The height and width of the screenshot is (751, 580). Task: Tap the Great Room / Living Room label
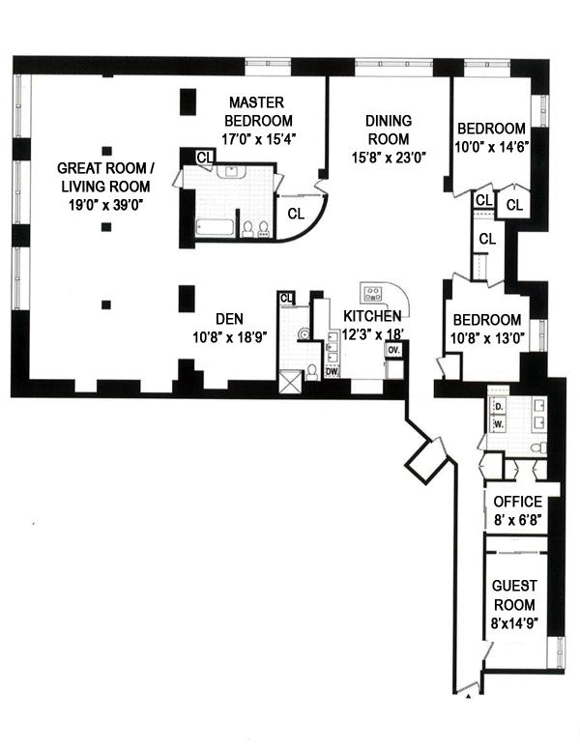coord(104,177)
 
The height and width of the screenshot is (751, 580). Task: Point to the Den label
coord(228,318)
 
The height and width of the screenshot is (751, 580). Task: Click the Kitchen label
coord(372,316)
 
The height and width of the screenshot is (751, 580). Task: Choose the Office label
coord(518,502)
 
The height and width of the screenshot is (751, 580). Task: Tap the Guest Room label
coord(515,593)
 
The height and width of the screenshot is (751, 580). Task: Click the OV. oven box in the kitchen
coord(393,351)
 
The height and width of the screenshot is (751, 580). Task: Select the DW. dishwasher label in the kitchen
coord(332,370)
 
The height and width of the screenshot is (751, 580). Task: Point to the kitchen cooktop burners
coord(372,293)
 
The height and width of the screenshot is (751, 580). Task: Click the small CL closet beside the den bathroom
coord(286,298)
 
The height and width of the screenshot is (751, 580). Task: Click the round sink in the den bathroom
coord(304,335)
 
